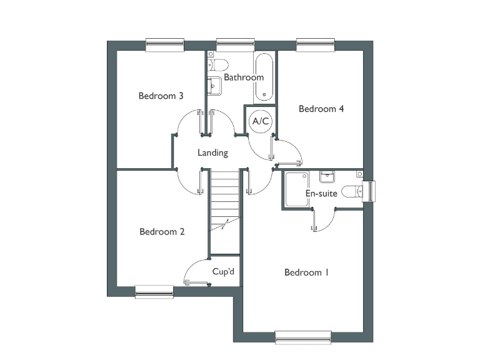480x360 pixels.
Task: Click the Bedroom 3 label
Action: click(x=161, y=96)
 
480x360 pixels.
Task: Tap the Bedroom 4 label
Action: click(x=321, y=109)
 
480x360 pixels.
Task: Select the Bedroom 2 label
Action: click(x=162, y=232)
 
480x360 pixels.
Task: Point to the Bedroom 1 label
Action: click(x=306, y=272)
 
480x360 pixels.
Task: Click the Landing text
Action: click(x=212, y=152)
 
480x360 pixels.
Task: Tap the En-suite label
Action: click(x=321, y=194)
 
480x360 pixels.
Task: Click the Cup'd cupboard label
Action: click(x=224, y=272)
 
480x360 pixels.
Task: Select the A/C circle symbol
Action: click(x=260, y=121)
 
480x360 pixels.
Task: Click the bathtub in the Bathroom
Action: click(x=264, y=77)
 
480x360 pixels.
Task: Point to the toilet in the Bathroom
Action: click(x=219, y=64)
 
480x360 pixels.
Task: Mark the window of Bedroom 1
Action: click(x=304, y=337)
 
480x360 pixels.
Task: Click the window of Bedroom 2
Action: click(x=154, y=291)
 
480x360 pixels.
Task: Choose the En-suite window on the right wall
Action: click(x=369, y=191)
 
